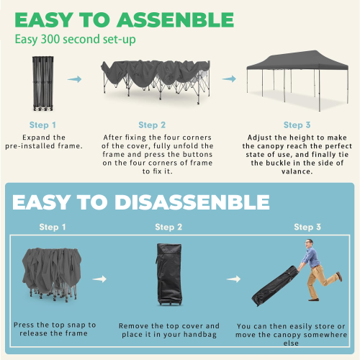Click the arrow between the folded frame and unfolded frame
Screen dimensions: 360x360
(x=74, y=80)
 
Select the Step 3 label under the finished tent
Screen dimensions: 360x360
(x=293, y=125)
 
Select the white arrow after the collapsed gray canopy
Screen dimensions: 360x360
(x=100, y=278)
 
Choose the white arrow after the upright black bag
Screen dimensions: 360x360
(x=232, y=278)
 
